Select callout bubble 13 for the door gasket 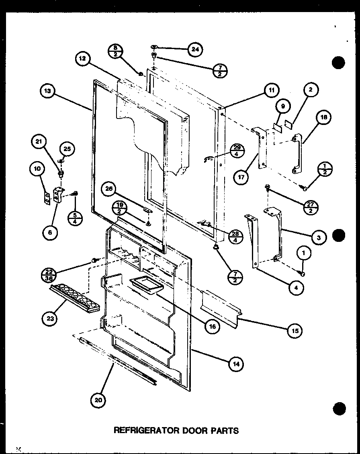(x=48, y=91)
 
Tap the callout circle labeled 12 (x=82, y=59)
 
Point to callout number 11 (x=272, y=90)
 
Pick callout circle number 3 (x=318, y=237)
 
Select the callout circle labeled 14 (x=236, y=364)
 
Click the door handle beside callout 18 (x=298, y=154)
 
